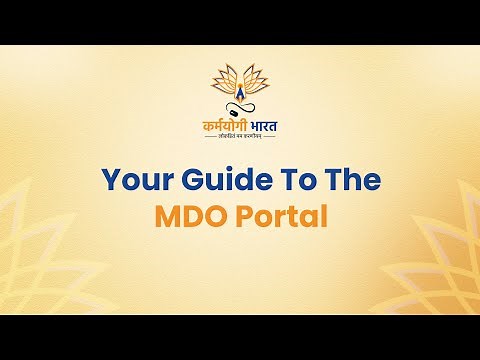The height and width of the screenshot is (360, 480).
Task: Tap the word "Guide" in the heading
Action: click(219, 180)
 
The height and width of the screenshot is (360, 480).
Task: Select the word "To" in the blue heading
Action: click(288, 180)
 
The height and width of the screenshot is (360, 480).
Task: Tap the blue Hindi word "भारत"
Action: click(263, 126)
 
